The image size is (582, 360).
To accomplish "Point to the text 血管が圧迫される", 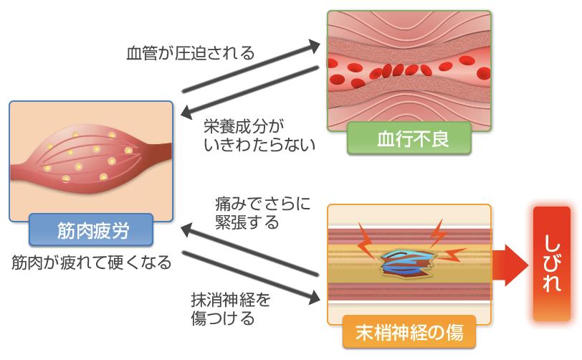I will coord(190,53).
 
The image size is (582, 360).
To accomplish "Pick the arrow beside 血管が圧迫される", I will coord(251,66).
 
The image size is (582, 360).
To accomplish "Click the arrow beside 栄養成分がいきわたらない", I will coord(250,90).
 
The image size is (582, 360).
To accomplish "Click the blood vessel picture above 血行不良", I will coord(409,68).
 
